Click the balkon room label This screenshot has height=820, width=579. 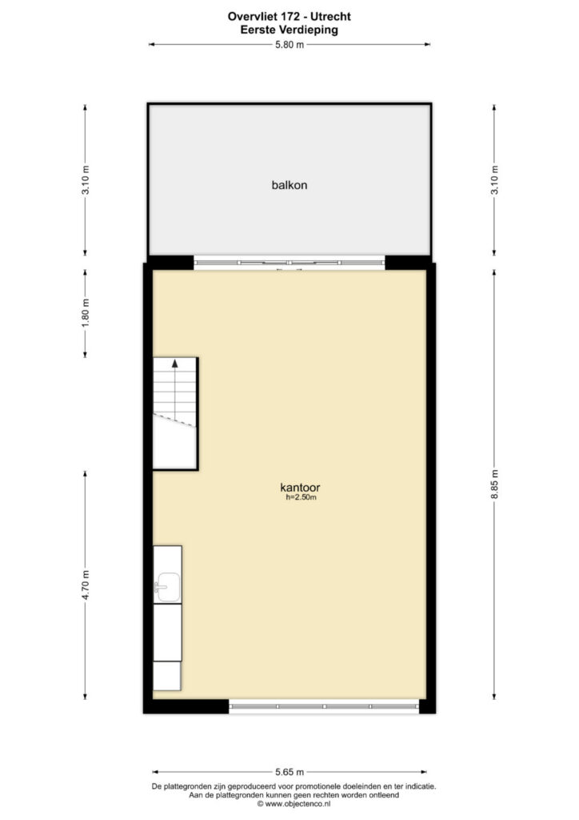289,185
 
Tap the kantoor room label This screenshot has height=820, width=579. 300,488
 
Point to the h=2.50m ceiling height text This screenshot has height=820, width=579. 301,497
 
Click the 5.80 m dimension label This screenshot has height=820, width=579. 289,45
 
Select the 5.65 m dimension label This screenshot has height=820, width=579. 289,772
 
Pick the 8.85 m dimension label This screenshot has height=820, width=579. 494,484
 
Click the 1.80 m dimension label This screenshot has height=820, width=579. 86,313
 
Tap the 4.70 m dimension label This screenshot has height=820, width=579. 86,585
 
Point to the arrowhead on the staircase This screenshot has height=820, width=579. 175,363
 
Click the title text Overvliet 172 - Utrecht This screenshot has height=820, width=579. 289,16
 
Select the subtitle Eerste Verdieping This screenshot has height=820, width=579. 289,30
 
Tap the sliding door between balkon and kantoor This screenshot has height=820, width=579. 289,263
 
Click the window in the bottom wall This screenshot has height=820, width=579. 324,706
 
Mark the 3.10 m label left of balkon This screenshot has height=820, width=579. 86,180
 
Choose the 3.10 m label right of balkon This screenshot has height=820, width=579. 494,180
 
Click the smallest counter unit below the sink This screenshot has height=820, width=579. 167,676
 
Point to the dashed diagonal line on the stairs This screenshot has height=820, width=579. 174,420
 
